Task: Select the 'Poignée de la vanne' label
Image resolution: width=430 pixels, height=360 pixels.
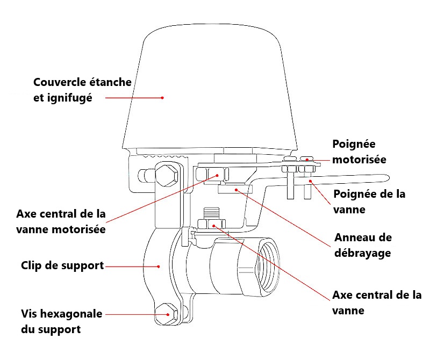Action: click(x=369, y=201)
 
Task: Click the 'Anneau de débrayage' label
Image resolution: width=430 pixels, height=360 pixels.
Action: click(x=363, y=246)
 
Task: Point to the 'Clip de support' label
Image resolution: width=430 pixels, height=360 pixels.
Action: click(x=62, y=265)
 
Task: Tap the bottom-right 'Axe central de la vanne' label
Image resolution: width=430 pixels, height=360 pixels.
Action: click(x=377, y=303)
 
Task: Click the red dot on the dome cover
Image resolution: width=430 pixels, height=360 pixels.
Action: click(x=162, y=98)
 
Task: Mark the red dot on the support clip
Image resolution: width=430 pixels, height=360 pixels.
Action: click(x=159, y=266)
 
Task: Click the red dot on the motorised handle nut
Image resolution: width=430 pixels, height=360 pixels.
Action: click(x=306, y=159)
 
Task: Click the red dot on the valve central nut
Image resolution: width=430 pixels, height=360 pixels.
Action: click(x=214, y=225)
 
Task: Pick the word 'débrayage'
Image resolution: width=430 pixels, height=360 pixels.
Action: click(x=363, y=253)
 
